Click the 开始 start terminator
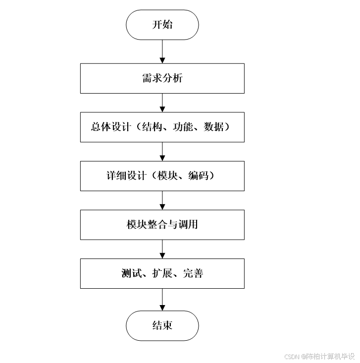tap(162, 25)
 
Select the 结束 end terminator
tap(162, 325)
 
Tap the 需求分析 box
tap(162, 78)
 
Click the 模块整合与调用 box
tap(162, 224)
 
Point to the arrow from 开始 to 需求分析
tap(162, 52)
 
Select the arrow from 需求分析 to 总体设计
tap(162, 103)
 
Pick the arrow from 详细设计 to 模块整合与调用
tap(162, 200)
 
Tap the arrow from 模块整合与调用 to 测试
tap(162, 249)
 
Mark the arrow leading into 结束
tap(162, 299)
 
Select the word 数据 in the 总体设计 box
tap(213, 127)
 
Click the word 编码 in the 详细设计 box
tap(198, 176)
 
